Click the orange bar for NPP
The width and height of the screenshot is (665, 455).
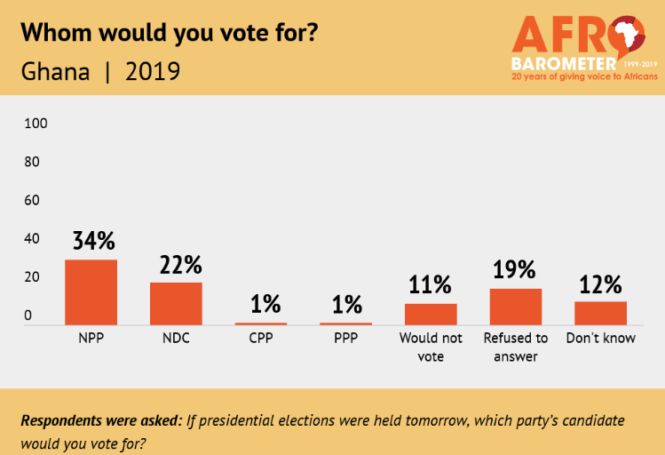tap(91, 292)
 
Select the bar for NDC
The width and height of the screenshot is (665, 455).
tap(176, 304)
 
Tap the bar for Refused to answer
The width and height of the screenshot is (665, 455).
tap(515, 307)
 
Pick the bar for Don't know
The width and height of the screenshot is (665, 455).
tap(600, 314)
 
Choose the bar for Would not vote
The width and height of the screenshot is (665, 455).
tap(431, 315)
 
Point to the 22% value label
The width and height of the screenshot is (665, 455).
tap(176, 265)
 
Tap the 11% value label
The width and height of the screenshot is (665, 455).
tap(431, 285)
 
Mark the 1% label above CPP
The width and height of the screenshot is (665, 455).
tap(261, 305)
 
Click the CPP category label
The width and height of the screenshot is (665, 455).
tap(261, 339)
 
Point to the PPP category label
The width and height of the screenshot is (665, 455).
tap(345, 339)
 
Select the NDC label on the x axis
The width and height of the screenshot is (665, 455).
tap(176, 339)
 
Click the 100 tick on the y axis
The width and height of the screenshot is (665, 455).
tap(35, 123)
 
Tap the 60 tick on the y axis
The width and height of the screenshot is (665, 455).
tap(32, 200)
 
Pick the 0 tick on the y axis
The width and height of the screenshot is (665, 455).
tap(28, 315)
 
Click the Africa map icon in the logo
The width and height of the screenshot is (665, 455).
tap(629, 37)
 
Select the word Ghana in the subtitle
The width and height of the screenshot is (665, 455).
tap(55, 71)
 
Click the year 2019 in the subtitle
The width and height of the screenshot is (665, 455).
tap(153, 71)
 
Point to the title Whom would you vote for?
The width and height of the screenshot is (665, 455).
tap(169, 33)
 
